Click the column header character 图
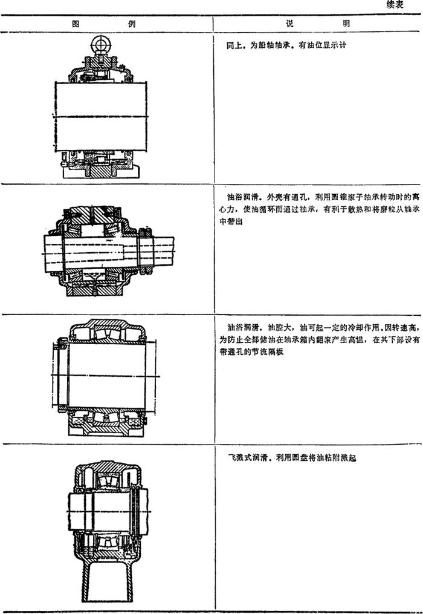pos(76,25)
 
